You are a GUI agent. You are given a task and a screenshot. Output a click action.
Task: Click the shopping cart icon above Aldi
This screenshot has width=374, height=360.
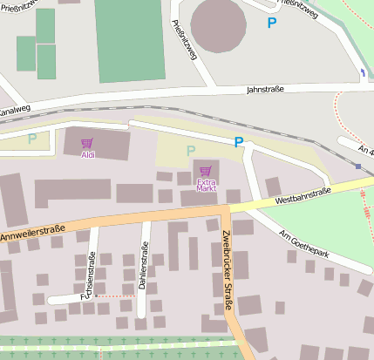point(87,143)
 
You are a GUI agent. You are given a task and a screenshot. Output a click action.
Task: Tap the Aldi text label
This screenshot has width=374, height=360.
point(87,155)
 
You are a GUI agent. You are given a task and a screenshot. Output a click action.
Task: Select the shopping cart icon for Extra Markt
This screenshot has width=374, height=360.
point(206,171)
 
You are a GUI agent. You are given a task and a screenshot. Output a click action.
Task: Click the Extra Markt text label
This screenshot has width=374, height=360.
point(206,184)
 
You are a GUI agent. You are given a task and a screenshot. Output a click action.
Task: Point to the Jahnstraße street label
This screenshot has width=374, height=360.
point(267,89)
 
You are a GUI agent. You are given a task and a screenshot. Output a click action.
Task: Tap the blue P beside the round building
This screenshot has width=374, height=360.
point(272,24)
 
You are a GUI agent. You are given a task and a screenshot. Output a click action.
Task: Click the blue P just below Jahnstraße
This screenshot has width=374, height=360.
point(238,142)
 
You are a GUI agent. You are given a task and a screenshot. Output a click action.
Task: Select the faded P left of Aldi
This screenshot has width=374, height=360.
point(32,138)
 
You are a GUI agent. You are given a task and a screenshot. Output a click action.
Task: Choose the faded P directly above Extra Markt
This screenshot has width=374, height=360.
point(191,151)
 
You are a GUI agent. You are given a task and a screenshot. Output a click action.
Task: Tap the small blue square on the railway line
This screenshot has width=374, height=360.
point(358,166)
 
